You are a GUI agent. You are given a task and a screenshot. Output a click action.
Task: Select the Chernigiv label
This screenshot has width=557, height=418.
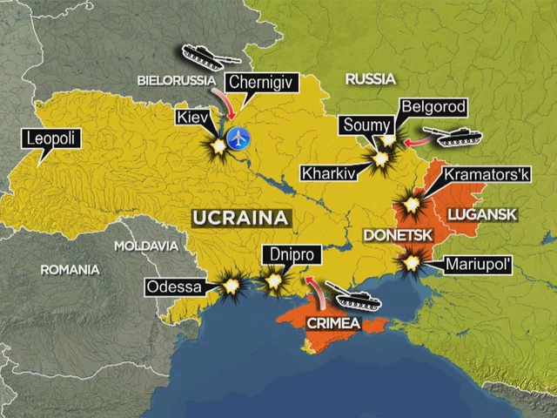tap(262, 84)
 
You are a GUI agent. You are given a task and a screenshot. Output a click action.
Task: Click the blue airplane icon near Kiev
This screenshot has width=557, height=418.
tap(237, 137)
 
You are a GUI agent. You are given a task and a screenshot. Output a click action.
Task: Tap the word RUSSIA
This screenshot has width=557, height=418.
tap(371, 79)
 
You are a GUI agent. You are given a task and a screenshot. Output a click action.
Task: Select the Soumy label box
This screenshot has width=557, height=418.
tap(365, 125)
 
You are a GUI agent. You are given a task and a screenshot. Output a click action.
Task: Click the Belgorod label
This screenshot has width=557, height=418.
tap(434, 107)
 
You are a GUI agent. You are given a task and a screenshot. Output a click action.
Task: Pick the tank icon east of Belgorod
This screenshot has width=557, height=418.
tap(457, 138)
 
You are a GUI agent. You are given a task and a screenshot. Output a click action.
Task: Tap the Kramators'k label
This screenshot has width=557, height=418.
tap(487, 174)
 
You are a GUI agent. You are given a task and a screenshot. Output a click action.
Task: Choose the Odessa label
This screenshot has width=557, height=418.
tap(175, 287)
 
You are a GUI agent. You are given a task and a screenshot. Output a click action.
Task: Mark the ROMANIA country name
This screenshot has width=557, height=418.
tap(70, 270)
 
